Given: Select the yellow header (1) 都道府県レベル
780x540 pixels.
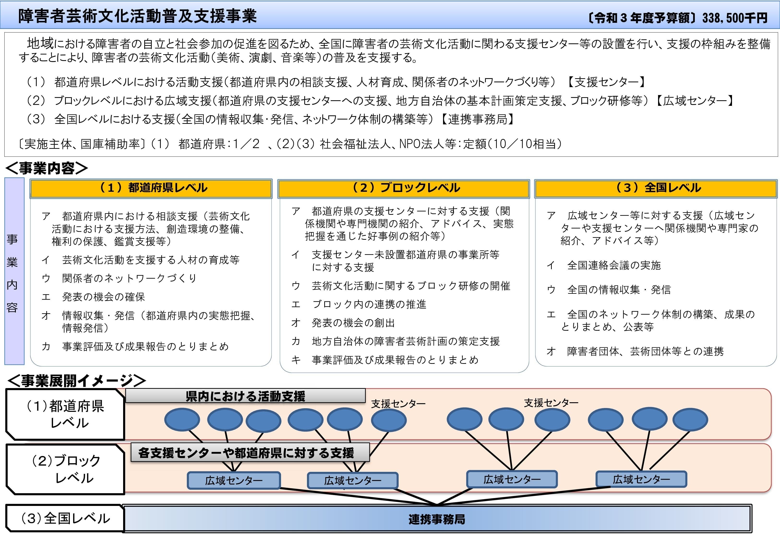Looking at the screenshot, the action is (x=151, y=188).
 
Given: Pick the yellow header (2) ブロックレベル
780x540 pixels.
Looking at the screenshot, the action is (x=403, y=188).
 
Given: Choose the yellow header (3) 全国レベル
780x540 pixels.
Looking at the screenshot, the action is (x=655, y=188).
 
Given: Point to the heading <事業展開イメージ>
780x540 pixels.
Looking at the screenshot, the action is (x=77, y=381).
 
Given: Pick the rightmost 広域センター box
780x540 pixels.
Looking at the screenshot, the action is (x=641, y=479).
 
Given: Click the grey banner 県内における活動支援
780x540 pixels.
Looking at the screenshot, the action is (x=246, y=396).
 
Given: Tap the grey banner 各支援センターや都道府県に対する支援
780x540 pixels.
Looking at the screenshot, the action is (x=250, y=453).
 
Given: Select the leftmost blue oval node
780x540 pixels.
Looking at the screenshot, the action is (x=182, y=420).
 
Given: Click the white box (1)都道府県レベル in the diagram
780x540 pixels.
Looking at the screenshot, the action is (x=65, y=414).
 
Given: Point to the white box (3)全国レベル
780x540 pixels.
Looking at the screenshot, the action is (x=65, y=518).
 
